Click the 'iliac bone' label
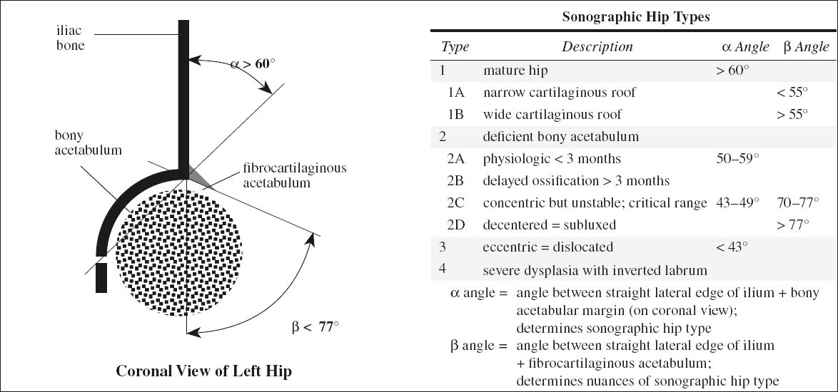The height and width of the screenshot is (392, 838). coord(71,38)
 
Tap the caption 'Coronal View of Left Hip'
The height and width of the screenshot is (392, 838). coord(203,371)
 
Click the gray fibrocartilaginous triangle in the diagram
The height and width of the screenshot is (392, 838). coord(197,173)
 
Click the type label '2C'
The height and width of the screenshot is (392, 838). coord(456,203)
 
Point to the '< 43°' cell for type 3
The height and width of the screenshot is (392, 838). coord(732,247)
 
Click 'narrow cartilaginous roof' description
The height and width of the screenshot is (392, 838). coord(559,93)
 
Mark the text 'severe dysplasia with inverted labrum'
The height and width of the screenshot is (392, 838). coord(595,270)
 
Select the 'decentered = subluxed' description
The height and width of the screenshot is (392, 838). coord(549,225)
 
